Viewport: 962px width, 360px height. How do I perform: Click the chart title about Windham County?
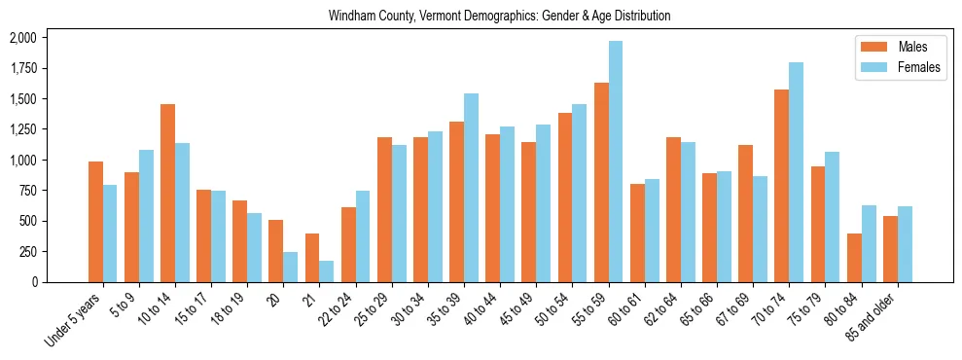499,17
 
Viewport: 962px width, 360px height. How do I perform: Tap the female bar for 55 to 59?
616,162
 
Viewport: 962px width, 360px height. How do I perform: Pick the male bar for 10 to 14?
167,193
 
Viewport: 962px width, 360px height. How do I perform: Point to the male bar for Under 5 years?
95,222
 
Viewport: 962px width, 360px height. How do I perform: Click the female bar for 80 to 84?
868,243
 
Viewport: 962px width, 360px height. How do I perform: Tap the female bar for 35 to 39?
471,188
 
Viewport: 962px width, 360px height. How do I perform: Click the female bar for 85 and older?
905,244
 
